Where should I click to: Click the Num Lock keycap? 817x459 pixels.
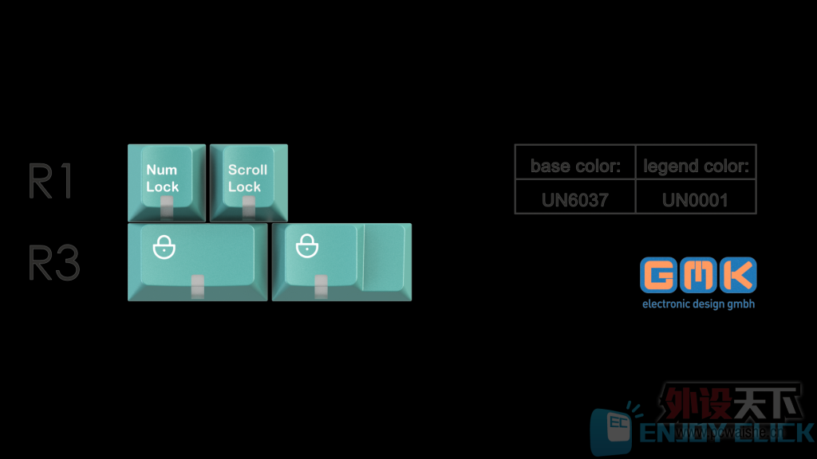pyautogui.click(x=167, y=182)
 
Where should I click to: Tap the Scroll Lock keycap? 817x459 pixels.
pyautogui.click(x=248, y=182)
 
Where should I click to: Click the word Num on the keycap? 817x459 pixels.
pyautogui.click(x=161, y=170)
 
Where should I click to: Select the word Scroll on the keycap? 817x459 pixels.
pyautogui.click(x=247, y=170)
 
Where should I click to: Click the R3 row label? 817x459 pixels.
pyautogui.click(x=54, y=262)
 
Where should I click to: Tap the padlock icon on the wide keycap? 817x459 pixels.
pyautogui.click(x=164, y=248)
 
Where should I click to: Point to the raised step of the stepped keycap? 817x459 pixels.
pyautogui.click(x=384, y=257)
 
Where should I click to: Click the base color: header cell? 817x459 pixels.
pyautogui.click(x=575, y=167)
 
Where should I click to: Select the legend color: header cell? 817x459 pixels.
pyautogui.click(x=696, y=167)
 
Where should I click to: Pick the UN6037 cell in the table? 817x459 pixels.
pyautogui.click(x=575, y=199)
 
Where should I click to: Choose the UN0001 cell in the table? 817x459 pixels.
pyautogui.click(x=696, y=199)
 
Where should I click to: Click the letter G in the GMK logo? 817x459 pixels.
pyautogui.click(x=659, y=276)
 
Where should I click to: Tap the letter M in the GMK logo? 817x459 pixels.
pyautogui.click(x=699, y=276)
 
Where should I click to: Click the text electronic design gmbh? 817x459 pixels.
pyautogui.click(x=698, y=304)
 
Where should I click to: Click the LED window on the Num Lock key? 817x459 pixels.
pyautogui.click(x=167, y=209)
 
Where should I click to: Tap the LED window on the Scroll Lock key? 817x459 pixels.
pyautogui.click(x=249, y=209)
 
